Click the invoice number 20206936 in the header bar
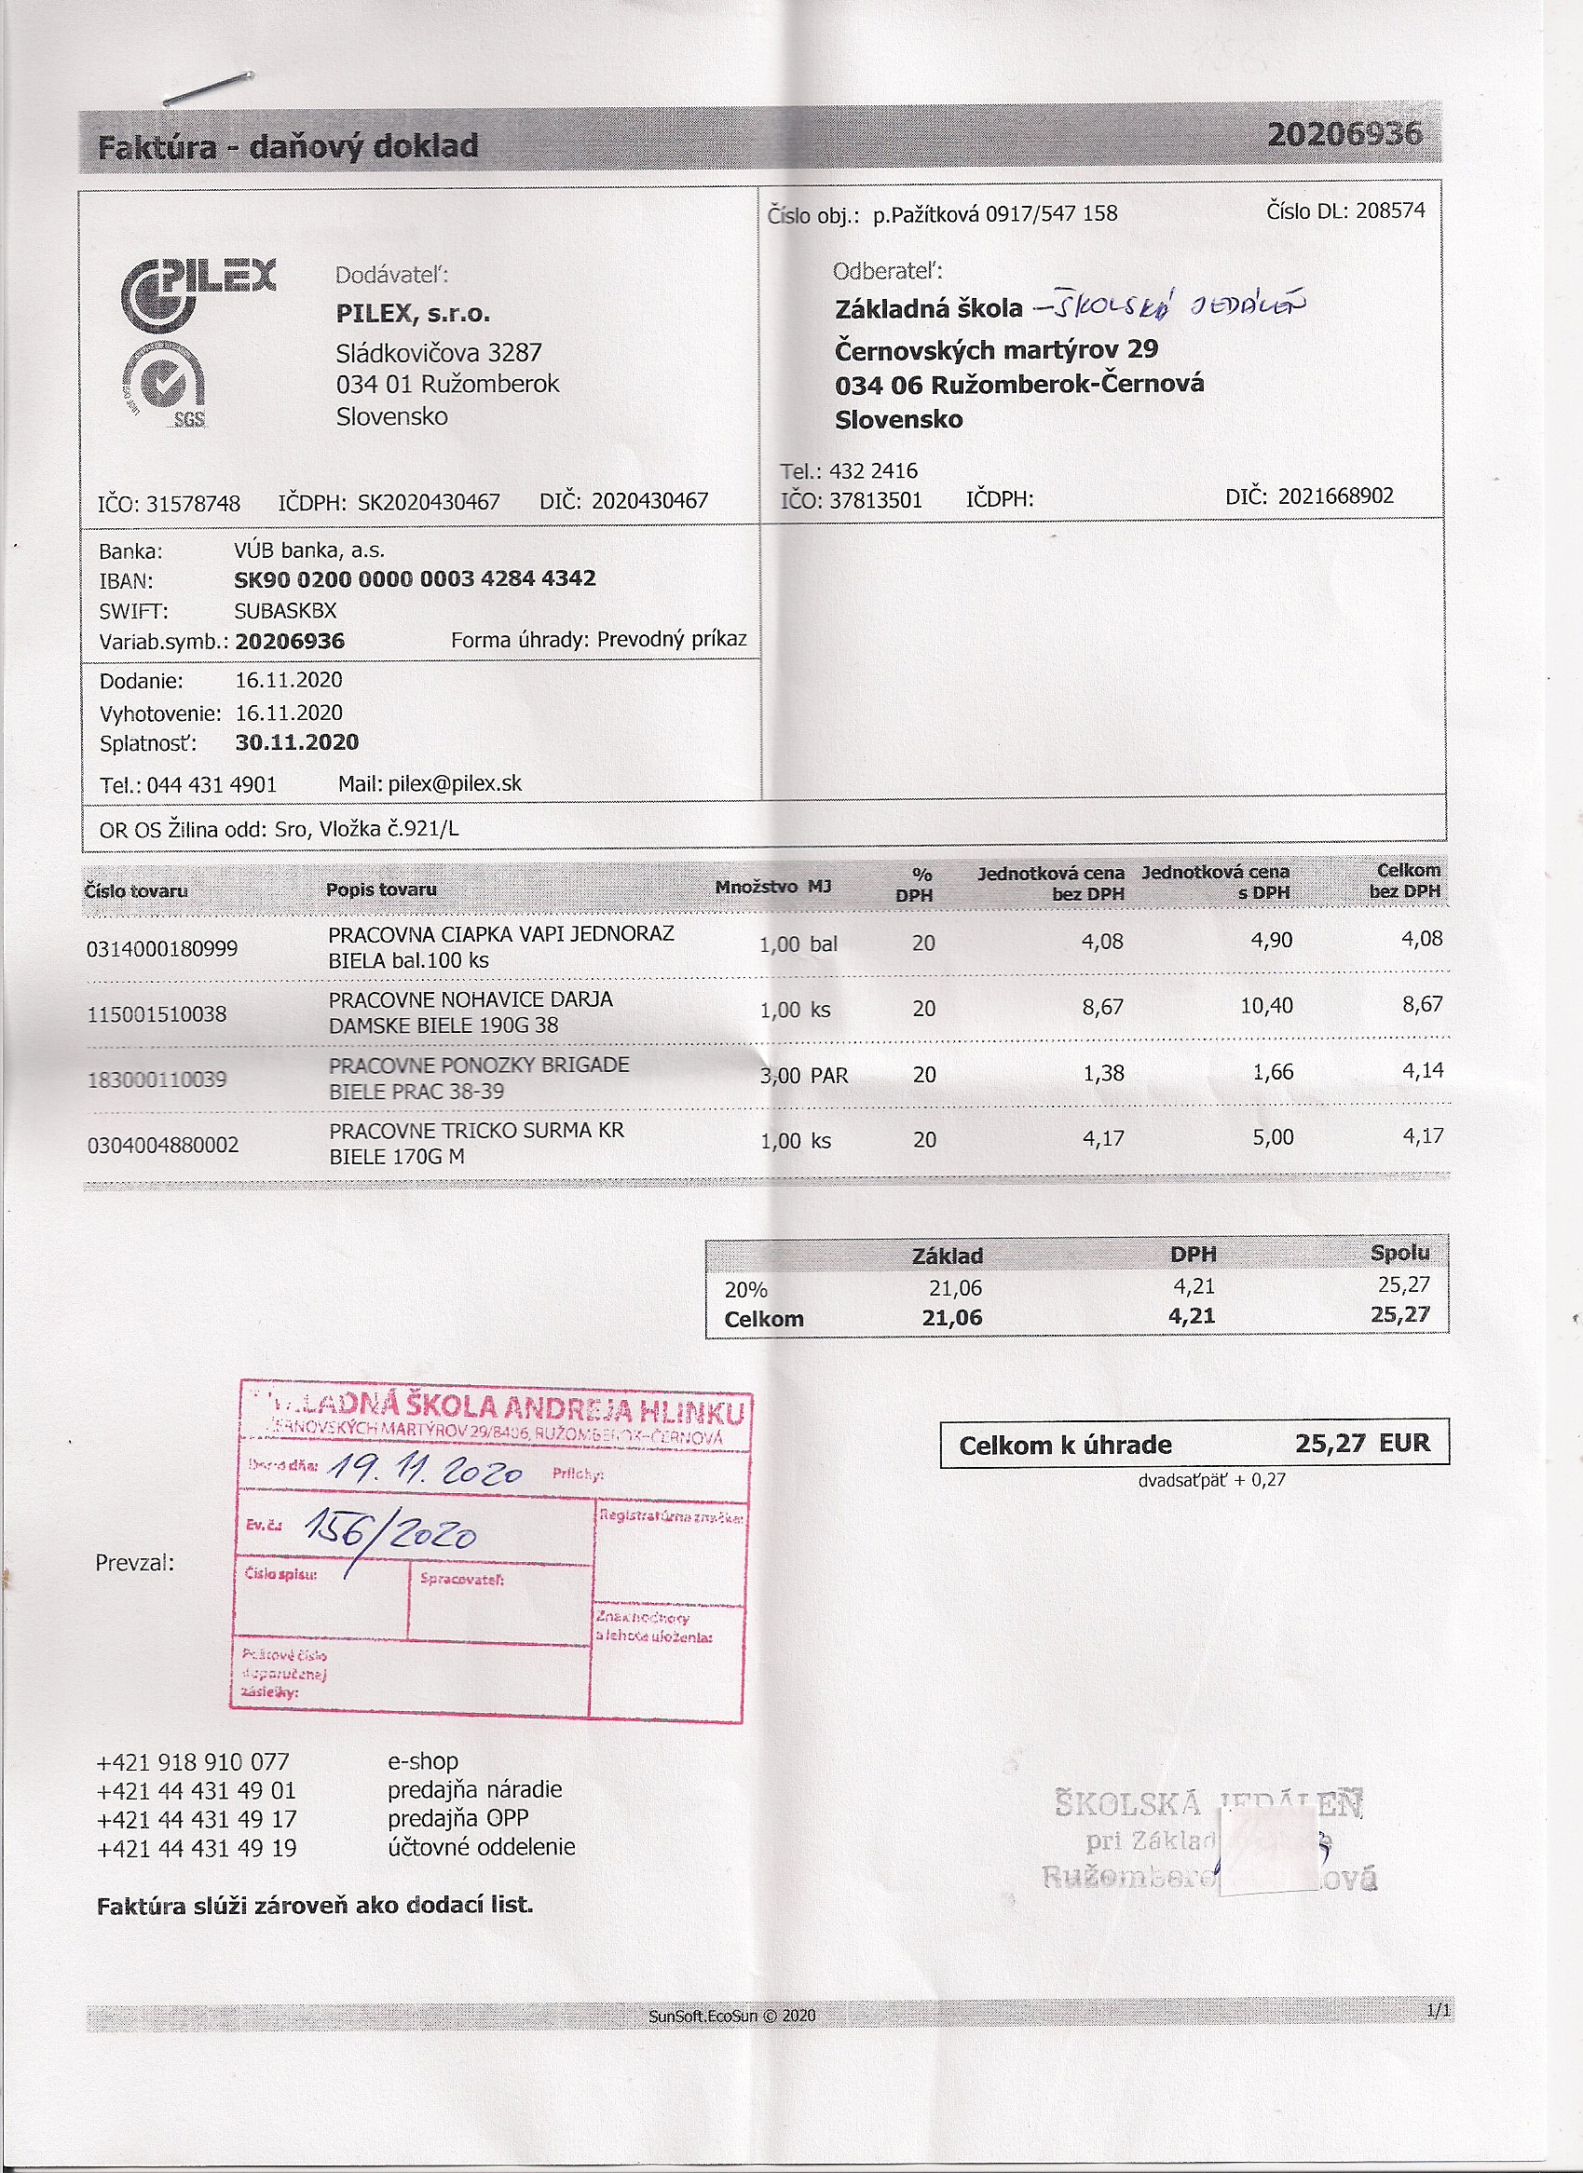coord(1344,135)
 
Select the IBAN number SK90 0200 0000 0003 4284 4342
coord(415,578)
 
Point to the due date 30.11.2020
coord(297,742)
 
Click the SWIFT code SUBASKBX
coord(284,610)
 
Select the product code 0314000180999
coord(162,948)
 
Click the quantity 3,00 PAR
coord(804,1075)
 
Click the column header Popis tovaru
coord(380,890)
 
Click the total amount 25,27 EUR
coord(1361,1443)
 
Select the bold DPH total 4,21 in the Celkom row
coord(1191,1316)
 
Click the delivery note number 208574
coord(1390,211)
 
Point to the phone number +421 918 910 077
coord(193,1762)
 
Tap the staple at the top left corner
coord(207,88)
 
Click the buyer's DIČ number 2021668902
coord(1336,496)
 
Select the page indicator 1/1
coord(1439,2010)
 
